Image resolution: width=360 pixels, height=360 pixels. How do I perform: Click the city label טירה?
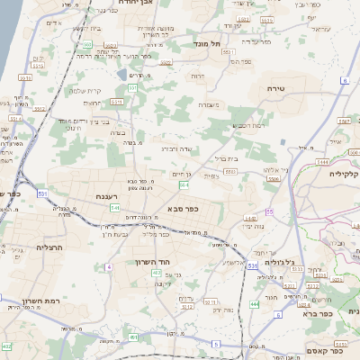275,89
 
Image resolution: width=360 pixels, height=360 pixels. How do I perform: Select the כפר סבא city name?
183,209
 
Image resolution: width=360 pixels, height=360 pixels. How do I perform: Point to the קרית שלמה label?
89,90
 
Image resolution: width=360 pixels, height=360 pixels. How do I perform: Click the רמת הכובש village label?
247,125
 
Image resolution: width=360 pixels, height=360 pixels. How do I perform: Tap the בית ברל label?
224,157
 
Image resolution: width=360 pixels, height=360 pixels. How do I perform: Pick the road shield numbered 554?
184,184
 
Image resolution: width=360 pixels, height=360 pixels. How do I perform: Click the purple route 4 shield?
109,266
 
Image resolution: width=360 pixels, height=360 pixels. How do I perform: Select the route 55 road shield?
269,211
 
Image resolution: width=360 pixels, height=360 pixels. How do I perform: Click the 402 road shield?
6,346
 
